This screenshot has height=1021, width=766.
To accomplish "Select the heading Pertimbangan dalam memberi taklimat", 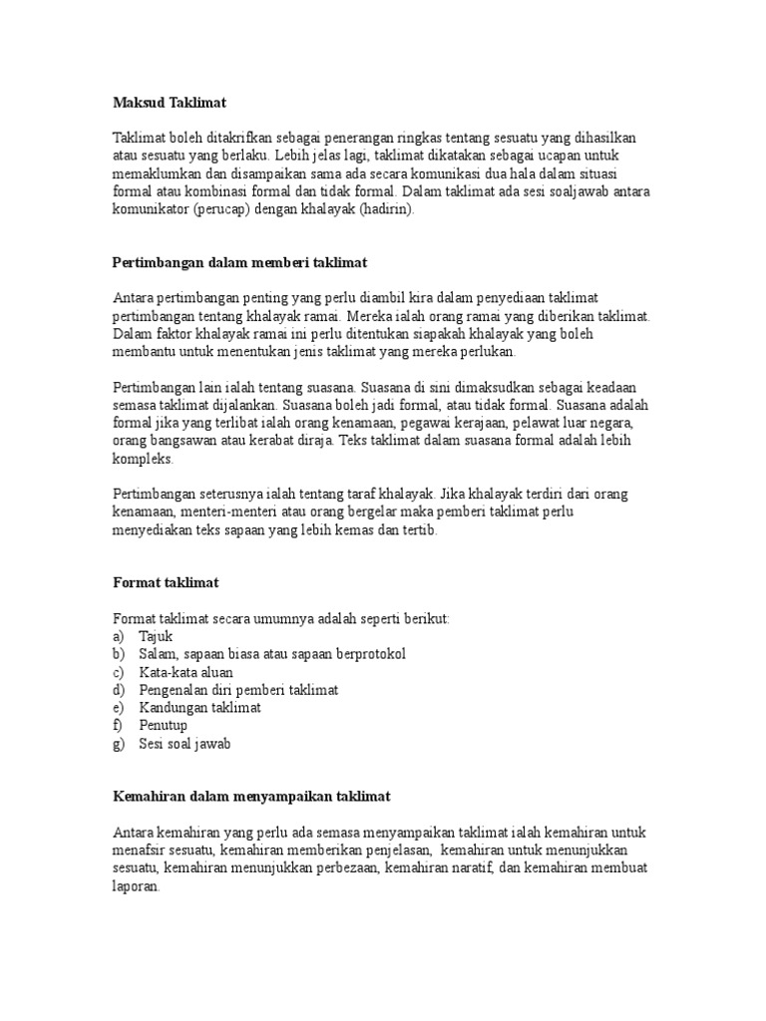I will [x=240, y=262].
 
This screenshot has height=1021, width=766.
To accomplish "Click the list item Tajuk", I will [x=157, y=636].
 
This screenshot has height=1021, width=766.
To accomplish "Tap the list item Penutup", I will [x=164, y=726].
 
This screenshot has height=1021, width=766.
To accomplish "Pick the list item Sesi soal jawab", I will [x=185, y=744].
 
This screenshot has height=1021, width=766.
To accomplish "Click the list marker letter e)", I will [x=120, y=708].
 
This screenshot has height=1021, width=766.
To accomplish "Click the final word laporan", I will [x=136, y=886].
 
